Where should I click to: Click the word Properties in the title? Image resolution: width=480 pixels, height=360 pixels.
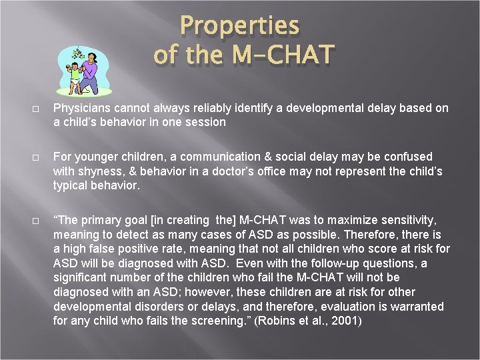240,25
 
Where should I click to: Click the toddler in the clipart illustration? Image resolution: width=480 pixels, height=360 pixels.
75,75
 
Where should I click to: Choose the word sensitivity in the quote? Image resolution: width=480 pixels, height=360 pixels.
415,220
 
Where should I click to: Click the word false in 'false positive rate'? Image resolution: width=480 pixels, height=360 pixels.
101,249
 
